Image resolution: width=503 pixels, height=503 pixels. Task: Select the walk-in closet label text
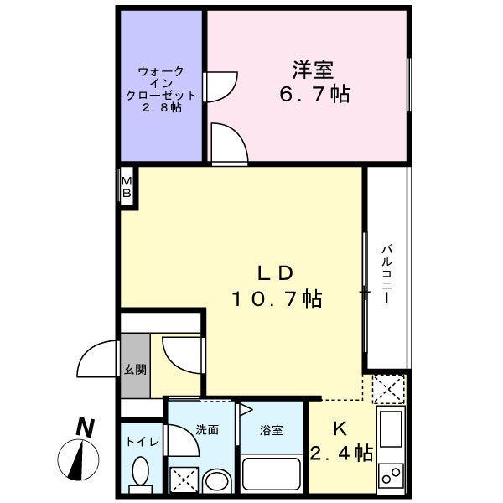162,90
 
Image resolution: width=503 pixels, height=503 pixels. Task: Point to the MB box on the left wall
127,187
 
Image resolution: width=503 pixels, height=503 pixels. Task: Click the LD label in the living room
273,272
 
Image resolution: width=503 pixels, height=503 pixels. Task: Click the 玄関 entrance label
135,369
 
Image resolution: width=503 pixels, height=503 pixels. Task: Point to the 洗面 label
207,429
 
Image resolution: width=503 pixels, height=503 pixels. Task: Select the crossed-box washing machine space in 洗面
183,480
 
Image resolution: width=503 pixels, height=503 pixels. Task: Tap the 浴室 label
270,430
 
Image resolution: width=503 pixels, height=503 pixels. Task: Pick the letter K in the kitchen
340,429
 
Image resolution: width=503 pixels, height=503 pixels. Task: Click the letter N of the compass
83,428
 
